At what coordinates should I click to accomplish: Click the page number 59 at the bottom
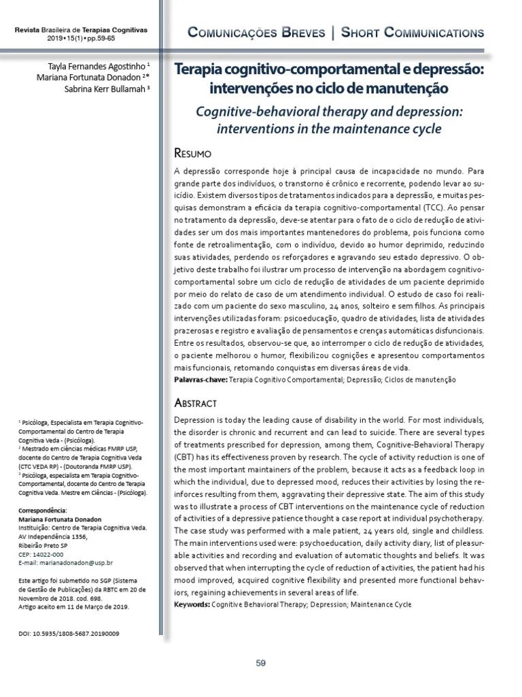(x=260, y=664)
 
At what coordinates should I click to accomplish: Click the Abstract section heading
(x=196, y=402)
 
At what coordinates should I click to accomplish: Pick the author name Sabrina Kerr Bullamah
(x=107, y=88)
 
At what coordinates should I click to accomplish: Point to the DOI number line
(x=67, y=633)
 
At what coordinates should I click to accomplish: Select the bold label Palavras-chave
(x=201, y=378)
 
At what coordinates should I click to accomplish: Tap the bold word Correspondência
(x=42, y=510)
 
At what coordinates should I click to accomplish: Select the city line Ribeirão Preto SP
(x=43, y=545)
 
